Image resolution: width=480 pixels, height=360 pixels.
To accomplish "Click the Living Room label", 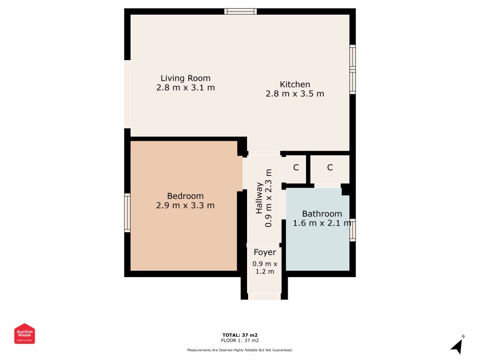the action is [x=185, y=78].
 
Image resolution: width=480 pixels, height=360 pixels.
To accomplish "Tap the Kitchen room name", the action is [x=295, y=84].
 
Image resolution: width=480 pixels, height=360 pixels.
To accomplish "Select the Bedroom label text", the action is [x=185, y=196].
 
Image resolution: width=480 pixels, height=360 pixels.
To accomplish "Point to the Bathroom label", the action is [x=322, y=213].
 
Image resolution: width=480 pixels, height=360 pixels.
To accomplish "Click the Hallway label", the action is [x=259, y=198].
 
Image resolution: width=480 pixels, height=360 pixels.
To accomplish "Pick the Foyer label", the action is [x=265, y=252].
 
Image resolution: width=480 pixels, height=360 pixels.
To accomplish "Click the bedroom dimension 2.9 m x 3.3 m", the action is [x=185, y=205].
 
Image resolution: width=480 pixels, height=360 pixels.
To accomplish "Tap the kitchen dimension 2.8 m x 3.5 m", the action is [x=295, y=94].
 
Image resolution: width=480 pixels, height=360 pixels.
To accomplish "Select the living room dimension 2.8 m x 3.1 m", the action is [x=185, y=88].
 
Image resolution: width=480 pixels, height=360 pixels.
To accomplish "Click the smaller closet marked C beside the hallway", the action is [x=296, y=169].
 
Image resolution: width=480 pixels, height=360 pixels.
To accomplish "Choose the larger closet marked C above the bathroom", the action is [x=330, y=169].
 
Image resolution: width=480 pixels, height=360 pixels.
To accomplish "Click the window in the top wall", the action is [x=241, y=11].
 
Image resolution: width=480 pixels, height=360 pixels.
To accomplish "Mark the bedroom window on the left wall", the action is [x=127, y=213].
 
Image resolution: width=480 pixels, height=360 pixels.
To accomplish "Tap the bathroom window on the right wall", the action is [x=353, y=230].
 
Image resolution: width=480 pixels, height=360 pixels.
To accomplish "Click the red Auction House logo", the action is [x=24, y=333].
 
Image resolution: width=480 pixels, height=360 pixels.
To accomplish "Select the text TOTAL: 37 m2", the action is [x=240, y=335].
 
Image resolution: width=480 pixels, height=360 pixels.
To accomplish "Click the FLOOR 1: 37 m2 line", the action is [x=240, y=341].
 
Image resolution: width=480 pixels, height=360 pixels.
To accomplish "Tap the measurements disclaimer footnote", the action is [x=240, y=350].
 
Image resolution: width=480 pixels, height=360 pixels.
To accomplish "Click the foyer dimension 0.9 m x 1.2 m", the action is [x=265, y=267].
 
